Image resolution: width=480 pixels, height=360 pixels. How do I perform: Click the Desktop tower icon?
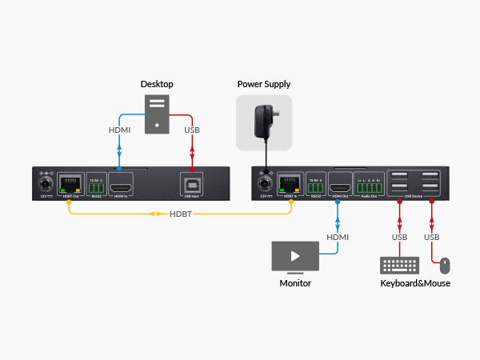(x=156, y=112)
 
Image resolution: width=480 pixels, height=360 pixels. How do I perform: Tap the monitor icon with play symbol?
(x=295, y=257)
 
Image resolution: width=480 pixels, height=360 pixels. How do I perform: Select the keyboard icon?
(x=398, y=264)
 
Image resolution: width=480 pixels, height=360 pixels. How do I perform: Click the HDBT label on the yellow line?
(x=181, y=214)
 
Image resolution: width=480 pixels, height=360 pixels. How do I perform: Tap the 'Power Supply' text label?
(x=264, y=84)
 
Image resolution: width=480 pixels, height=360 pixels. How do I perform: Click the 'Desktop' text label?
(x=157, y=84)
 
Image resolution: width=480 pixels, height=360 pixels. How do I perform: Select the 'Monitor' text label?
(x=294, y=283)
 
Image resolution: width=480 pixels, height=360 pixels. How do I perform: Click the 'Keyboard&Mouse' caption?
(x=415, y=283)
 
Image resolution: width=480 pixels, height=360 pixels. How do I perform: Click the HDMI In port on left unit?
(x=120, y=183)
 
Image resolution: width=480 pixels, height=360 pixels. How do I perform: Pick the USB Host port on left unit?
(x=191, y=182)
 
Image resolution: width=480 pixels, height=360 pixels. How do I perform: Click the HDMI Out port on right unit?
(x=339, y=182)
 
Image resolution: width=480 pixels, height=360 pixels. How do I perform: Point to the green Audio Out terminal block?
(x=370, y=184)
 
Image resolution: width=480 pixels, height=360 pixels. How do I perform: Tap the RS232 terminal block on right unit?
(x=316, y=182)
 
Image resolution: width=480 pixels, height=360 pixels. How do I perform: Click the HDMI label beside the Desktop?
(x=119, y=130)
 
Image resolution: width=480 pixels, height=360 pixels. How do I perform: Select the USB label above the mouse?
(x=432, y=238)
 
